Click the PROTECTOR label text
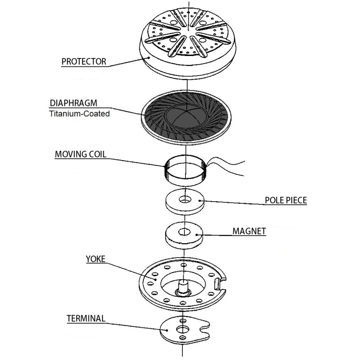point(84,62)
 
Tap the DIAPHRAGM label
point(74,102)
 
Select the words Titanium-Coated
point(79,114)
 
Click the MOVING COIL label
point(80,154)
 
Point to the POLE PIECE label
point(286,200)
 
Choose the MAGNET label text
point(249,231)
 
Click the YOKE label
point(95,259)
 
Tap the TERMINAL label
point(86,318)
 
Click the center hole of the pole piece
point(184,198)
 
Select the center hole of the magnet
point(184,231)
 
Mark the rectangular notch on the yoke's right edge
point(218,284)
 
